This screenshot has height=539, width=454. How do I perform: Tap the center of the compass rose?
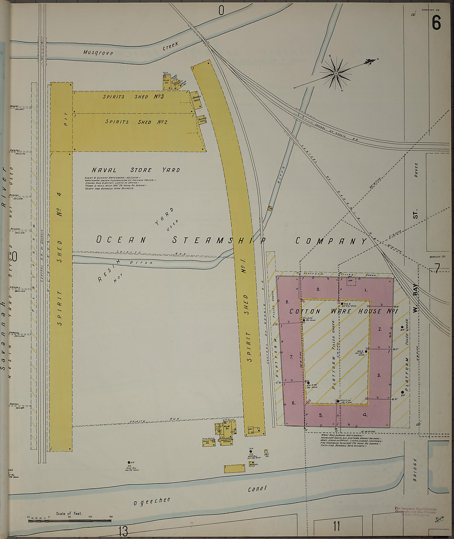click(336, 74)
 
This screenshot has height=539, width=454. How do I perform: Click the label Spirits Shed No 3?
click(133, 97)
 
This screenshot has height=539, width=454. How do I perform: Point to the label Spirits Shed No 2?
click(136, 122)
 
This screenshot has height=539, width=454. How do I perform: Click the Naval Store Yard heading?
click(136, 170)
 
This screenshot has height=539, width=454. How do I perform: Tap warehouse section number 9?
click(318, 289)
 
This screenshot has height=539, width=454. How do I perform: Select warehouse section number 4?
click(365, 415)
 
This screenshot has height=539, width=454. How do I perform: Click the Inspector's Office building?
click(227, 440)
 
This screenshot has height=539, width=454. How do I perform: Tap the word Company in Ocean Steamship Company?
click(331, 241)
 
